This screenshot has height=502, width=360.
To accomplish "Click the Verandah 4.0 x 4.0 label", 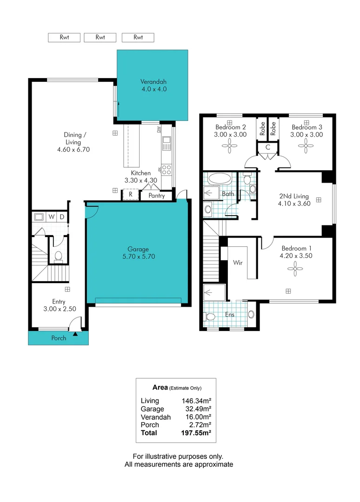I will pos(153,86).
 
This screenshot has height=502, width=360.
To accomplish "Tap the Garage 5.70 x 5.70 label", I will pos(138,252).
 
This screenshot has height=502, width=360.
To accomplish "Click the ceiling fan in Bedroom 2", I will pos(230,147).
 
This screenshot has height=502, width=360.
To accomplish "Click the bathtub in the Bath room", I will pos(218,178).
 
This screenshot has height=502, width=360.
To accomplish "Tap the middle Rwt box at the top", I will pos(100,38).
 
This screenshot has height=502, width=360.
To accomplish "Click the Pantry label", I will pos(157,196).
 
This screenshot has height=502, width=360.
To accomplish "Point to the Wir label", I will pos(238,262).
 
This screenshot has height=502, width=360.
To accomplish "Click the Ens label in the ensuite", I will pos(230,315).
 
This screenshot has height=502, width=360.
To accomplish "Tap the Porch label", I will pos(59,338).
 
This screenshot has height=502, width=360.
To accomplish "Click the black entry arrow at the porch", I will pos(75,333).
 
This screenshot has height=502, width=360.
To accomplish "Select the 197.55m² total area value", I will pos(196,433).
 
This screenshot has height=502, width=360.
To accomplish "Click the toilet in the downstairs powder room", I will pos(59,256).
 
